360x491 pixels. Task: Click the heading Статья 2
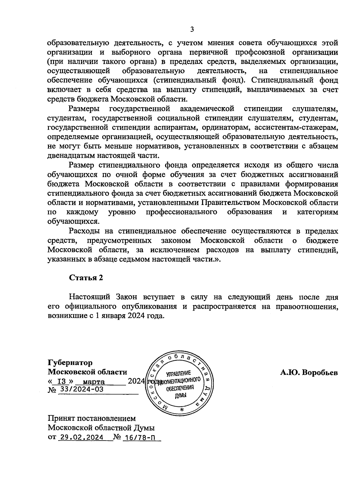pyautogui.click(x=86, y=278)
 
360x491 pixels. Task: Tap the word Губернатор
pyautogui.click(x=70, y=363)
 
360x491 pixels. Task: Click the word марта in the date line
pyautogui.click(x=94, y=382)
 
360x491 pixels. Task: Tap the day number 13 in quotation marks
pyautogui.click(x=61, y=382)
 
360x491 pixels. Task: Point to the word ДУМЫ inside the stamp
pyautogui.click(x=181, y=396)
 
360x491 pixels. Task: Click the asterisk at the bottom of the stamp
pyautogui.click(x=181, y=410)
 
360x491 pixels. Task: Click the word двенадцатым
pyautogui.click(x=71, y=156)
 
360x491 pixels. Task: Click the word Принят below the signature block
pyautogui.click(x=61, y=418)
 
